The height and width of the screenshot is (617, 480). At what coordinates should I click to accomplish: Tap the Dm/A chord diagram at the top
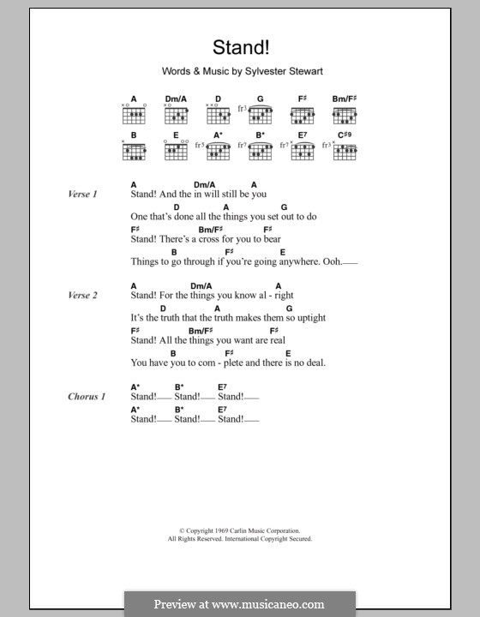[177, 114]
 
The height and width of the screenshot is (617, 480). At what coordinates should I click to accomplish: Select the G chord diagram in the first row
[260, 114]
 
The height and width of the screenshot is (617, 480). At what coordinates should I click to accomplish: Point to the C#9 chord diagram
[345, 151]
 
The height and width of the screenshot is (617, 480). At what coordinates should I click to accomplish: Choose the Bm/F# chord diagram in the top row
[345, 114]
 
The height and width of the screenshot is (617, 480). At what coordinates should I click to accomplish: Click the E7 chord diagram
[303, 151]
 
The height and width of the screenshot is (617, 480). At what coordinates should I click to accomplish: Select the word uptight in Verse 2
[309, 317]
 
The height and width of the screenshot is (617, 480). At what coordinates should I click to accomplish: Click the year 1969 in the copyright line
[213, 531]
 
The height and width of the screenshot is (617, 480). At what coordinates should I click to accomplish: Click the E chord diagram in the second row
[177, 151]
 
